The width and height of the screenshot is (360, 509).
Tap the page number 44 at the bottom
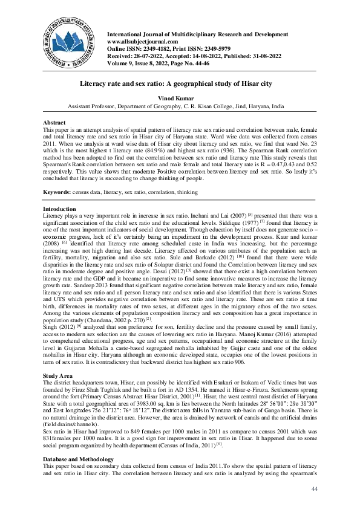[x=314, y=488]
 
